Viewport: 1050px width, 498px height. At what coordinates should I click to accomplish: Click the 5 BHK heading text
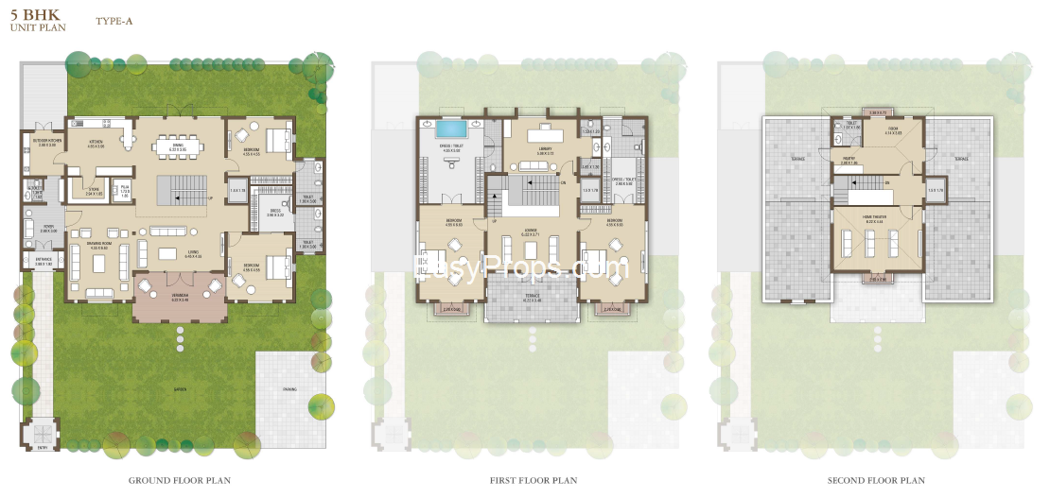[x=27, y=15]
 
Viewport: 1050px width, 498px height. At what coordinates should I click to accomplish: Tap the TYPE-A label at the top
[x=113, y=20]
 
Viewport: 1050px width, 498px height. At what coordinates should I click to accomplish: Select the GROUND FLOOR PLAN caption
[x=180, y=480]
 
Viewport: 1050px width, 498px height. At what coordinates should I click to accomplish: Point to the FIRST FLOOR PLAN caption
[x=534, y=480]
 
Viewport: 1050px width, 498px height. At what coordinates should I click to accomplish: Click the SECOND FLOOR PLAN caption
[x=876, y=480]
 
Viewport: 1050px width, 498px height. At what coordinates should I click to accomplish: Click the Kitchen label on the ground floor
[x=96, y=143]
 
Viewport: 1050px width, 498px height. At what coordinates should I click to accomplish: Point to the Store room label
[x=96, y=190]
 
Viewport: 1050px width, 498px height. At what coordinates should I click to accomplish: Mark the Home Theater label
[x=875, y=218]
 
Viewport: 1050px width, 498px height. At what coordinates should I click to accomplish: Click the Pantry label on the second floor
[x=849, y=161]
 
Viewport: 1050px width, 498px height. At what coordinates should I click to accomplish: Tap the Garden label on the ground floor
[x=180, y=389]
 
